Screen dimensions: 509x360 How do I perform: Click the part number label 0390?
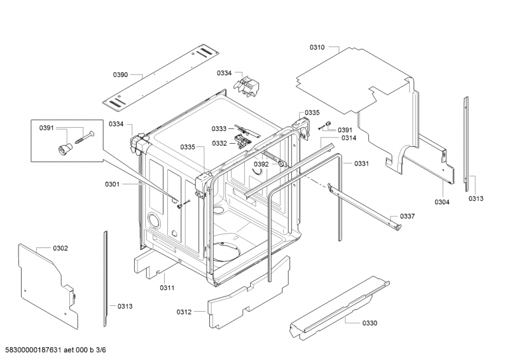(120, 75)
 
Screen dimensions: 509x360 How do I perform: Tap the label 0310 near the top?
(317, 48)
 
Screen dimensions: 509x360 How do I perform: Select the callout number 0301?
(112, 184)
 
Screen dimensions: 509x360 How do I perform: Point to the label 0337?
(407, 216)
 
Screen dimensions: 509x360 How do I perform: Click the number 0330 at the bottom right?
(370, 323)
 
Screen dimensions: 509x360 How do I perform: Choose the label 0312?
(184, 312)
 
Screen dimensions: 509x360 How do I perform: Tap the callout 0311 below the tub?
(167, 287)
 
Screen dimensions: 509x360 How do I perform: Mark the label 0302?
(60, 248)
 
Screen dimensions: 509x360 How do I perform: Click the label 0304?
(442, 202)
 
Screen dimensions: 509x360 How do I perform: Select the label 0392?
(261, 164)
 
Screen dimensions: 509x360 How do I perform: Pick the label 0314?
(349, 138)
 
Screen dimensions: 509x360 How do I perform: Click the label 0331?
(361, 163)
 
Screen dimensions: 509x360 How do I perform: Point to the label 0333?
(219, 129)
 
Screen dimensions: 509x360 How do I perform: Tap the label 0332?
(220, 143)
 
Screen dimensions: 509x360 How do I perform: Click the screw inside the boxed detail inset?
(85, 137)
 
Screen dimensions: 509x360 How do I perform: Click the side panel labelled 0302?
(48, 286)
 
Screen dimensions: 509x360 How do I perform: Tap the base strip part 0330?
(339, 308)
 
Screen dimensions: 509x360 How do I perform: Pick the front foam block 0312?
(249, 292)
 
